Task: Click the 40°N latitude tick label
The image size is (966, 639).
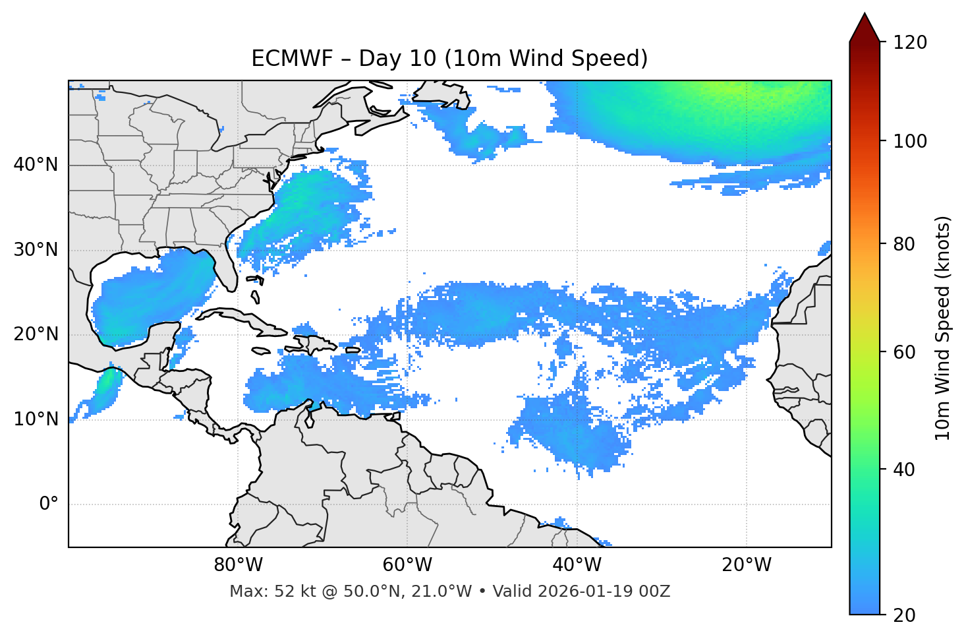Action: [36, 165]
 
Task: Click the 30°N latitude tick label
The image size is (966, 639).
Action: [36, 250]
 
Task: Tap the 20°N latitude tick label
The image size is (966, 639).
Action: [36, 334]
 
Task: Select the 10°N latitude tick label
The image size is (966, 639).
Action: [36, 419]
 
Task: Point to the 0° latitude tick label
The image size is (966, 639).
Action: [49, 504]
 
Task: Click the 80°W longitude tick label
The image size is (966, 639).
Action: [238, 565]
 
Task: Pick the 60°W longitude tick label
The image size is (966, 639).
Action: [407, 565]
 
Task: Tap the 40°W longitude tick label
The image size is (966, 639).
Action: [577, 565]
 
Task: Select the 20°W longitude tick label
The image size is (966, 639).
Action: [747, 565]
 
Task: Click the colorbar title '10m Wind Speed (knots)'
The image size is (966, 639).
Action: [943, 328]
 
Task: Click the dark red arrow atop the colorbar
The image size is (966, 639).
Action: [865, 28]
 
